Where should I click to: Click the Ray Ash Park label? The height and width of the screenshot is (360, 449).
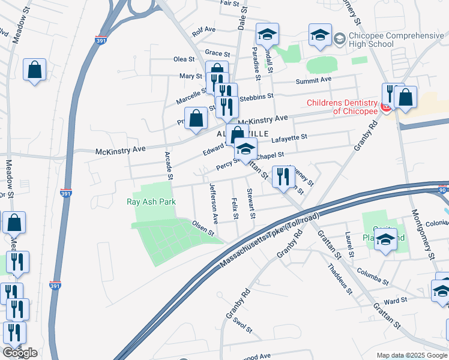[x=151, y=202]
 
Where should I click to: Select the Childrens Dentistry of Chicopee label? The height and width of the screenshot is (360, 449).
[x=342, y=107]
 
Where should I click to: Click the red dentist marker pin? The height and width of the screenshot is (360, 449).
[x=387, y=107]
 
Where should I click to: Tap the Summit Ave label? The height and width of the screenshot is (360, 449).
[x=313, y=80]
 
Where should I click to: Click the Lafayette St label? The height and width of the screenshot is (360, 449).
[x=289, y=137]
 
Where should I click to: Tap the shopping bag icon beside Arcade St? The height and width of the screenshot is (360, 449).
[x=196, y=119]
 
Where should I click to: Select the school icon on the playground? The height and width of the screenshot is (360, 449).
[x=387, y=240]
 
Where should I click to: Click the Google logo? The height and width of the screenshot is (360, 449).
[x=20, y=353]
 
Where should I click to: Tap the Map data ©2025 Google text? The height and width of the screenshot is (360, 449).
[x=411, y=355]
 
